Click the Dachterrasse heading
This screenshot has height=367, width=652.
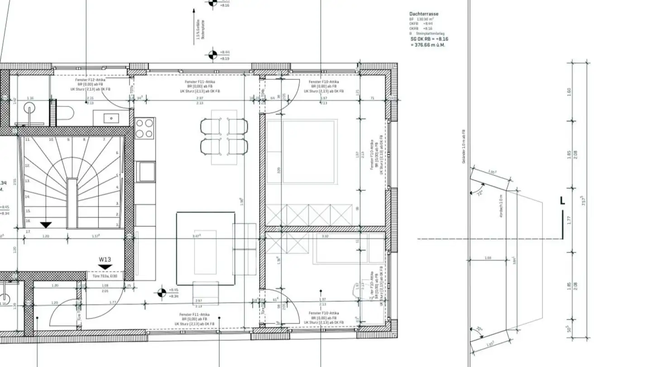point(424,14)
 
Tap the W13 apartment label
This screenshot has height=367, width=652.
point(105,260)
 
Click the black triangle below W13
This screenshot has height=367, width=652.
point(105,267)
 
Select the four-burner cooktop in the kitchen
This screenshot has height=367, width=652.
point(145,128)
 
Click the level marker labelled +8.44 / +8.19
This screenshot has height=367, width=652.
point(212,55)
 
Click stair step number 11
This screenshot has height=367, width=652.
point(28,140)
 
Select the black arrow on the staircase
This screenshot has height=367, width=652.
point(46,225)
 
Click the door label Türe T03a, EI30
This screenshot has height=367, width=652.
point(105,275)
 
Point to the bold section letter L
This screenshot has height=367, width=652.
point(562,201)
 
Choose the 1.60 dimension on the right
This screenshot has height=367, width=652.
point(569,92)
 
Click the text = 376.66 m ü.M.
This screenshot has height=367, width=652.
point(427,45)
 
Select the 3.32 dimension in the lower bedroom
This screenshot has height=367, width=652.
point(325,237)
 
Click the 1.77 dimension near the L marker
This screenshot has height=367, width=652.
point(569,220)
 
